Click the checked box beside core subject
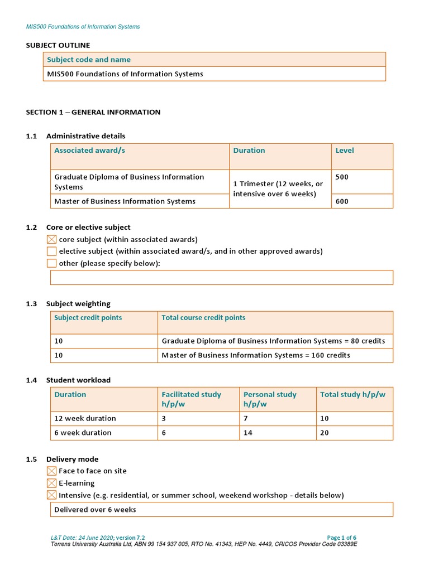click(51, 239)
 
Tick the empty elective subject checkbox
click(51, 251)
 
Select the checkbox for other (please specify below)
click(51, 263)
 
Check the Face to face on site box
click(51, 471)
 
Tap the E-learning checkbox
click(51, 483)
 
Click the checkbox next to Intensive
click(51, 495)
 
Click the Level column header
click(344, 151)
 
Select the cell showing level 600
click(342, 201)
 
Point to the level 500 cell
click(342, 177)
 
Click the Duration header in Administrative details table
click(249, 151)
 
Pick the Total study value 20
click(325, 433)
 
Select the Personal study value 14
click(248, 433)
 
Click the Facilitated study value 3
click(164, 418)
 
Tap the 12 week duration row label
click(85, 418)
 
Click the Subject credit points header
click(88, 318)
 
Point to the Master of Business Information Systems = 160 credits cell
click(256, 355)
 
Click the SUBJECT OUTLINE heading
click(58, 45)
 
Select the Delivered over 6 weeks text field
click(221, 510)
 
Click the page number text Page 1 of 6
click(341, 538)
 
